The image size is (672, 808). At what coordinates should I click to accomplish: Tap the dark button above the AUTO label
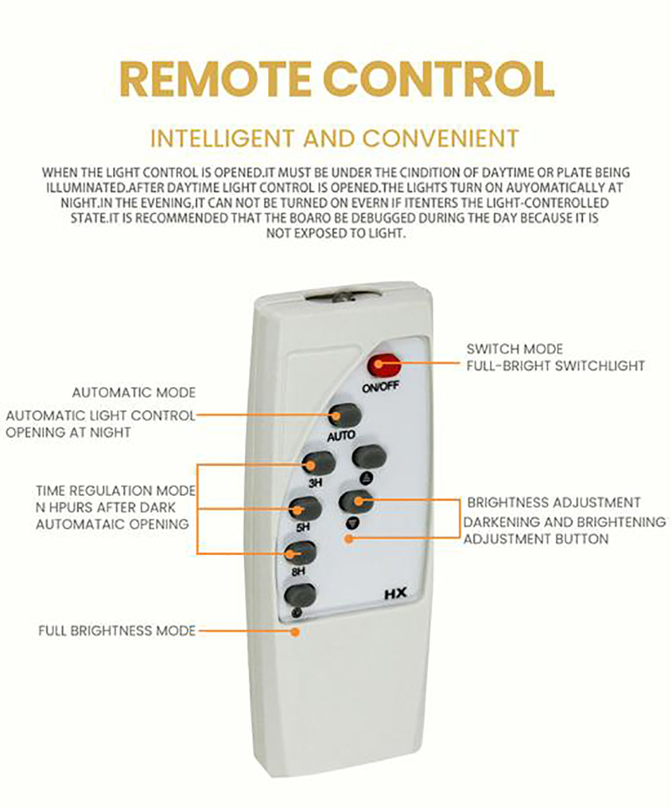pyautogui.click(x=344, y=415)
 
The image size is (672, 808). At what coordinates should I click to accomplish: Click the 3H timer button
pyautogui.click(x=319, y=463)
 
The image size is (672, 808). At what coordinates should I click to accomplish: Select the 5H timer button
pyautogui.click(x=305, y=509)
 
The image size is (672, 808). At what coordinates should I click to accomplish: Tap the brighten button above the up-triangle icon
pyautogui.click(x=370, y=457)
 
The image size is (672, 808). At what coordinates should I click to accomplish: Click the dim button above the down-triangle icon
pyautogui.click(x=356, y=501)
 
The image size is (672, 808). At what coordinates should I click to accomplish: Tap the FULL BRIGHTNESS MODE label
pyautogui.click(x=117, y=631)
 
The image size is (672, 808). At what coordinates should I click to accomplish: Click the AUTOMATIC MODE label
pyautogui.click(x=134, y=393)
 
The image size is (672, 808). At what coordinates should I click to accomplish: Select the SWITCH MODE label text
pyautogui.click(x=515, y=349)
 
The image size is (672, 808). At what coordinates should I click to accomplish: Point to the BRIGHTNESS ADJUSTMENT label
pyautogui.click(x=554, y=503)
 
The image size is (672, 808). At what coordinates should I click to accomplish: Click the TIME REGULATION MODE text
pyautogui.click(x=116, y=491)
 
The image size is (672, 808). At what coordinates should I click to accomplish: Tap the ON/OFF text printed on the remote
pyautogui.click(x=380, y=387)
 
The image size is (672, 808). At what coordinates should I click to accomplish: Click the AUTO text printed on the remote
pyautogui.click(x=341, y=436)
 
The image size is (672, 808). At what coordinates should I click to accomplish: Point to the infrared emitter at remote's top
pyautogui.click(x=344, y=297)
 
